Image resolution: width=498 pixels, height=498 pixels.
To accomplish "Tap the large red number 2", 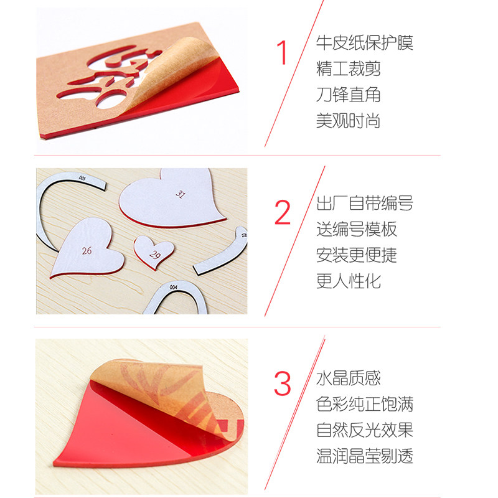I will click(283, 214).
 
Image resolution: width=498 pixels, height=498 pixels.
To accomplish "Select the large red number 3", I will click(283, 384).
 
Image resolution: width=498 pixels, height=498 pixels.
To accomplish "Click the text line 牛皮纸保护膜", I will click(364, 43).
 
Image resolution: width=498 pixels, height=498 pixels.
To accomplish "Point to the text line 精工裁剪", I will click(348, 69).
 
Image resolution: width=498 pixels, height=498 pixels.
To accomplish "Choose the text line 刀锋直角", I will click(348, 95).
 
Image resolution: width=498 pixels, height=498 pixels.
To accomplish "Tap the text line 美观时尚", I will click(348, 121).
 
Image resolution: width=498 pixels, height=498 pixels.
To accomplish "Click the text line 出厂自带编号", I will click(364, 203).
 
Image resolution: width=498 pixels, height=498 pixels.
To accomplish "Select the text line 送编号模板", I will click(356, 229).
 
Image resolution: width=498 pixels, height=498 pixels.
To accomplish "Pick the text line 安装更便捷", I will click(356, 255).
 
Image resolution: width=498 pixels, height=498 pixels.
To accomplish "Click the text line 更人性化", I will click(348, 281).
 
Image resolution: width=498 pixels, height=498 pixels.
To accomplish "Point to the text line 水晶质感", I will click(348, 378).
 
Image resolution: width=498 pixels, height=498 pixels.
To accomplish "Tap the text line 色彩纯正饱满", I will click(364, 404).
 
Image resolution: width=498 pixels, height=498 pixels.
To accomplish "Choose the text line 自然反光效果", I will click(364, 430).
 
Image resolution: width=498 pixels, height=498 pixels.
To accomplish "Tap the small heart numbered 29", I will click(153, 251).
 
